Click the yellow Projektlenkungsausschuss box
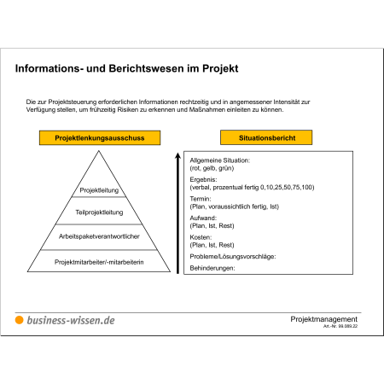coord(100,138)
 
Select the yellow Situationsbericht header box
coord(266,137)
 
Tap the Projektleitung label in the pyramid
coord(99,190)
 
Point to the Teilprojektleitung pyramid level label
coord(99,212)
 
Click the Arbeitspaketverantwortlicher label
coord(99,236)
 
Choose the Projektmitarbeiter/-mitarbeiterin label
coord(99,262)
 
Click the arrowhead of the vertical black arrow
coord(177,156)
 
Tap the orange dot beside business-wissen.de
coord(19,320)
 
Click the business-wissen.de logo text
coord(71,320)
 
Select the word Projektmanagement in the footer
coord(323,319)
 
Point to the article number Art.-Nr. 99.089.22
coord(340,326)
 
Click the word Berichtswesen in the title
coord(146,68)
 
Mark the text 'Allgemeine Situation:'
coord(220,160)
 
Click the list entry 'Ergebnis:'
coord(203,180)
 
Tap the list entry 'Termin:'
coord(201,199)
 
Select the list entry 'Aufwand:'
coord(203,218)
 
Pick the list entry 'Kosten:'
coord(201,237)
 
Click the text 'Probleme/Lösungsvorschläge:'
coord(233,257)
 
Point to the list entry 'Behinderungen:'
coord(212,268)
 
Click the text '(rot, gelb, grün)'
coord(212,168)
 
